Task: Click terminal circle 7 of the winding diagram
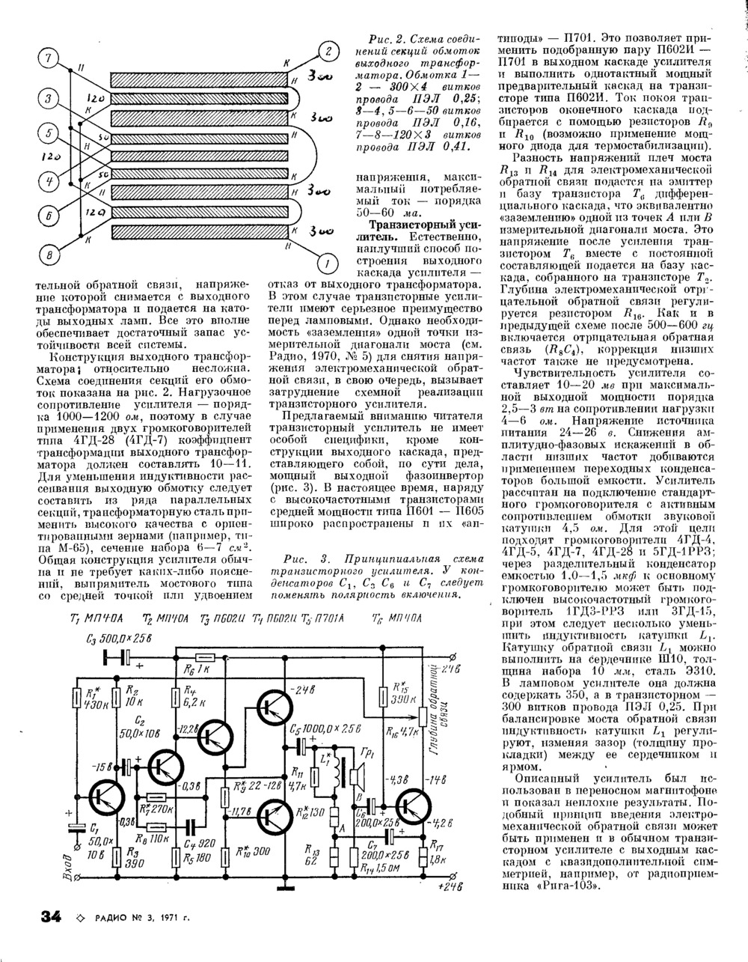coord(47,58)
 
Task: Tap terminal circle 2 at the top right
coord(328,52)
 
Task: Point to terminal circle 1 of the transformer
coord(327,264)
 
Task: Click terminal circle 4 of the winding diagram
coord(47,181)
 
